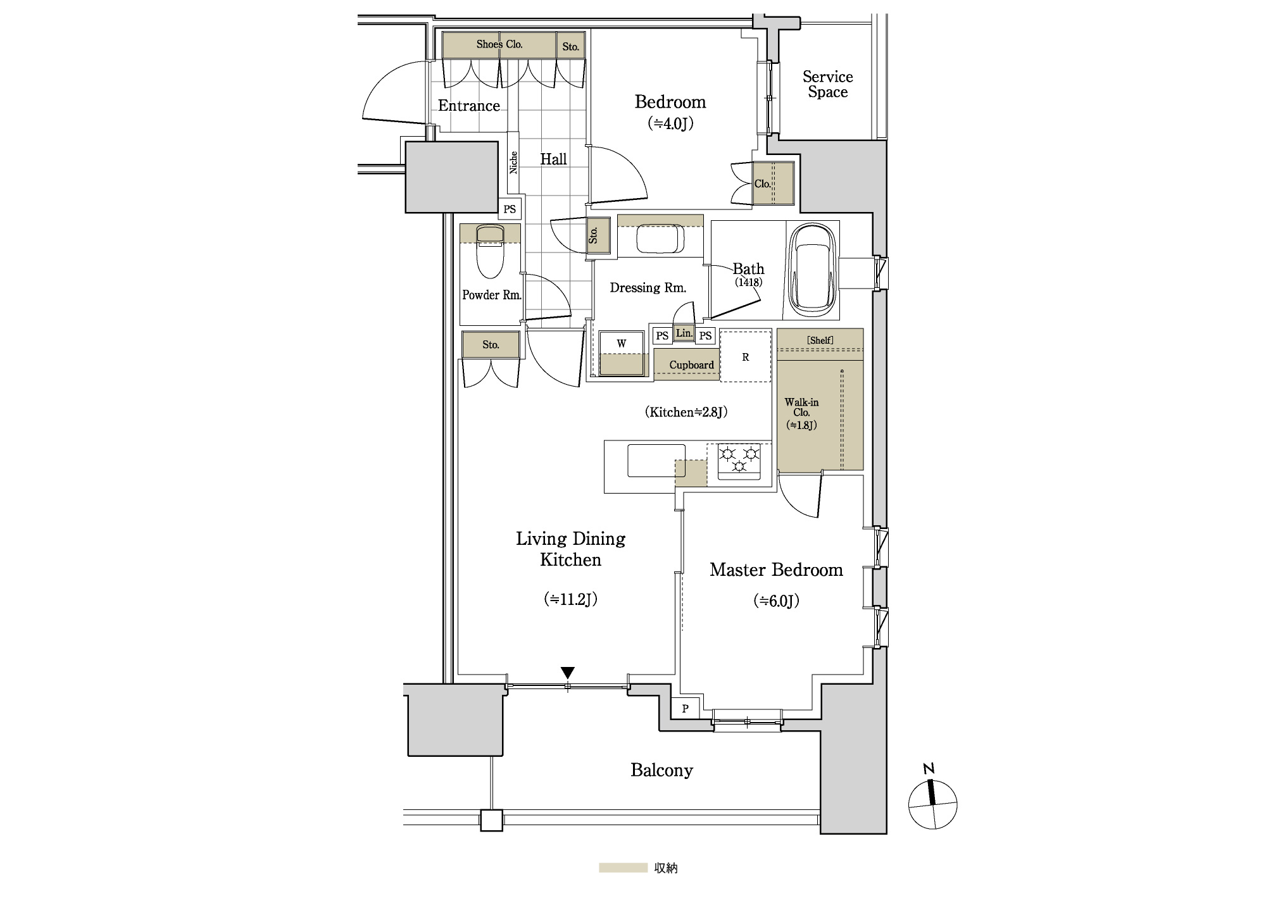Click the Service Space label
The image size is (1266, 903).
[827, 84]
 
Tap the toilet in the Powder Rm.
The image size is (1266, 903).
[490, 253]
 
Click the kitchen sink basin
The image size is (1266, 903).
[656, 460]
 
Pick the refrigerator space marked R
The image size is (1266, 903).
[746, 356]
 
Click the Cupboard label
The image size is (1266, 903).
[691, 365]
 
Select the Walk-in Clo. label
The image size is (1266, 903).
[801, 413]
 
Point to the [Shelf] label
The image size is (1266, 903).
[820, 340]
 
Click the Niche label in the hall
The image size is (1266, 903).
[513, 162]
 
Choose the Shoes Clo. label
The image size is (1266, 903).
[499, 44]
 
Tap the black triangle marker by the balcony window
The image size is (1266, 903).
[568, 673]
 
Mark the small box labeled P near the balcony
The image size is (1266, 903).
[686, 709]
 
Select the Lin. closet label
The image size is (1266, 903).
[684, 333]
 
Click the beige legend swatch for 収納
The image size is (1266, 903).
[623, 868]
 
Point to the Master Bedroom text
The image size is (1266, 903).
[776, 570]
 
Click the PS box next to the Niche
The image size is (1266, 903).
[510, 209]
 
